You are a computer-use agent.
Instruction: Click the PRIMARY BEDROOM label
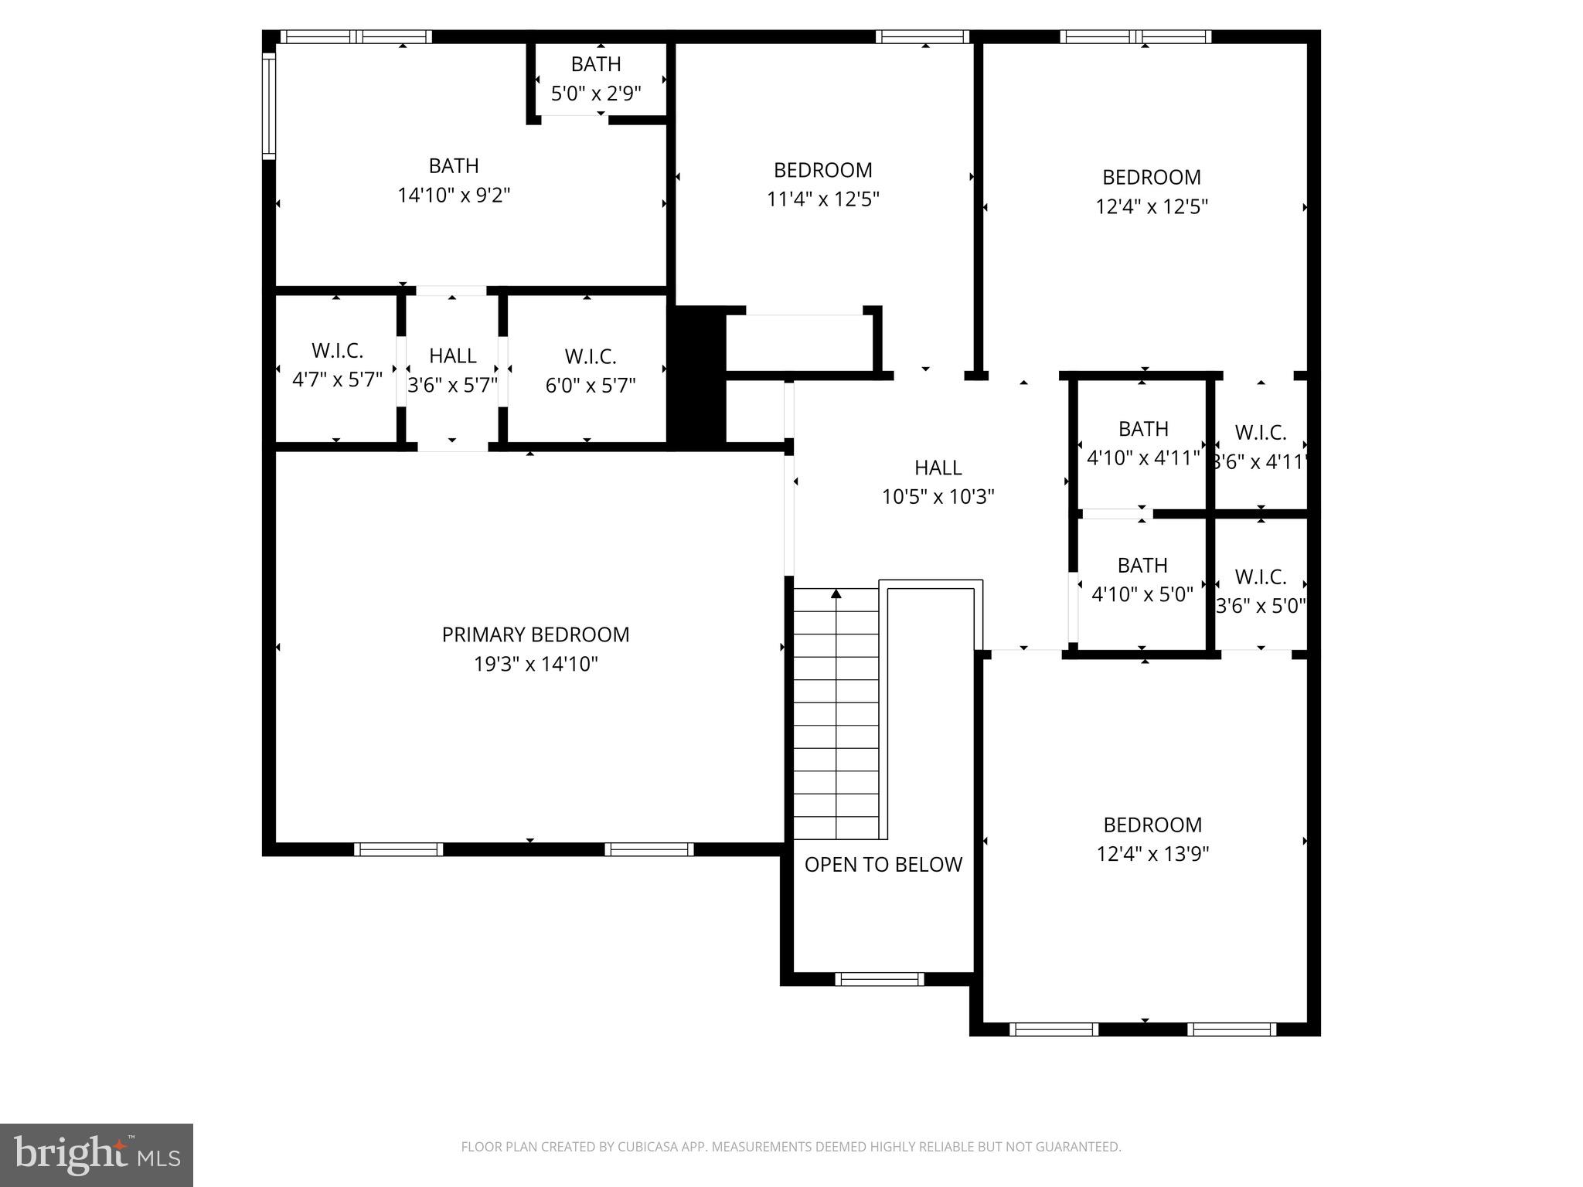click(535, 634)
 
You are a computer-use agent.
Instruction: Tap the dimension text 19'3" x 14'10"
click(536, 664)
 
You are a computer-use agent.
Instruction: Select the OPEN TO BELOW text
click(883, 864)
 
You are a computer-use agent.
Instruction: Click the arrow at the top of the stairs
click(836, 593)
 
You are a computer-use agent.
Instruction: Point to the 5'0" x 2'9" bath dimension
click(596, 94)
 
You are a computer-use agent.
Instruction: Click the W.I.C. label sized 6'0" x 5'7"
click(591, 356)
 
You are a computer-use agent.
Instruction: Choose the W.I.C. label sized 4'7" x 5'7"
click(337, 351)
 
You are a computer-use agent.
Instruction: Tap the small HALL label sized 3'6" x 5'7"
click(452, 355)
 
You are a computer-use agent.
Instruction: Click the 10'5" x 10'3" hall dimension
click(938, 496)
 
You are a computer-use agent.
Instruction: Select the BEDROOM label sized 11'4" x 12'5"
click(822, 170)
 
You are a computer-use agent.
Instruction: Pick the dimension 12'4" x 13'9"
click(1152, 853)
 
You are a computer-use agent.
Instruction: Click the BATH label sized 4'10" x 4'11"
click(1143, 429)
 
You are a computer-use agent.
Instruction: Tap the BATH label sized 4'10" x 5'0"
click(1142, 566)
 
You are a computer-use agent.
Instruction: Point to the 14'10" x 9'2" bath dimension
click(454, 195)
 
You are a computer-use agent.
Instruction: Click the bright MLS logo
click(97, 1155)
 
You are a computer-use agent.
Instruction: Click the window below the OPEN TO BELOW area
click(879, 979)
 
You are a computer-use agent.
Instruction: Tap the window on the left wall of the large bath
click(268, 106)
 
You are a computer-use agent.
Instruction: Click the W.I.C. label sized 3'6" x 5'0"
click(1260, 576)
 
